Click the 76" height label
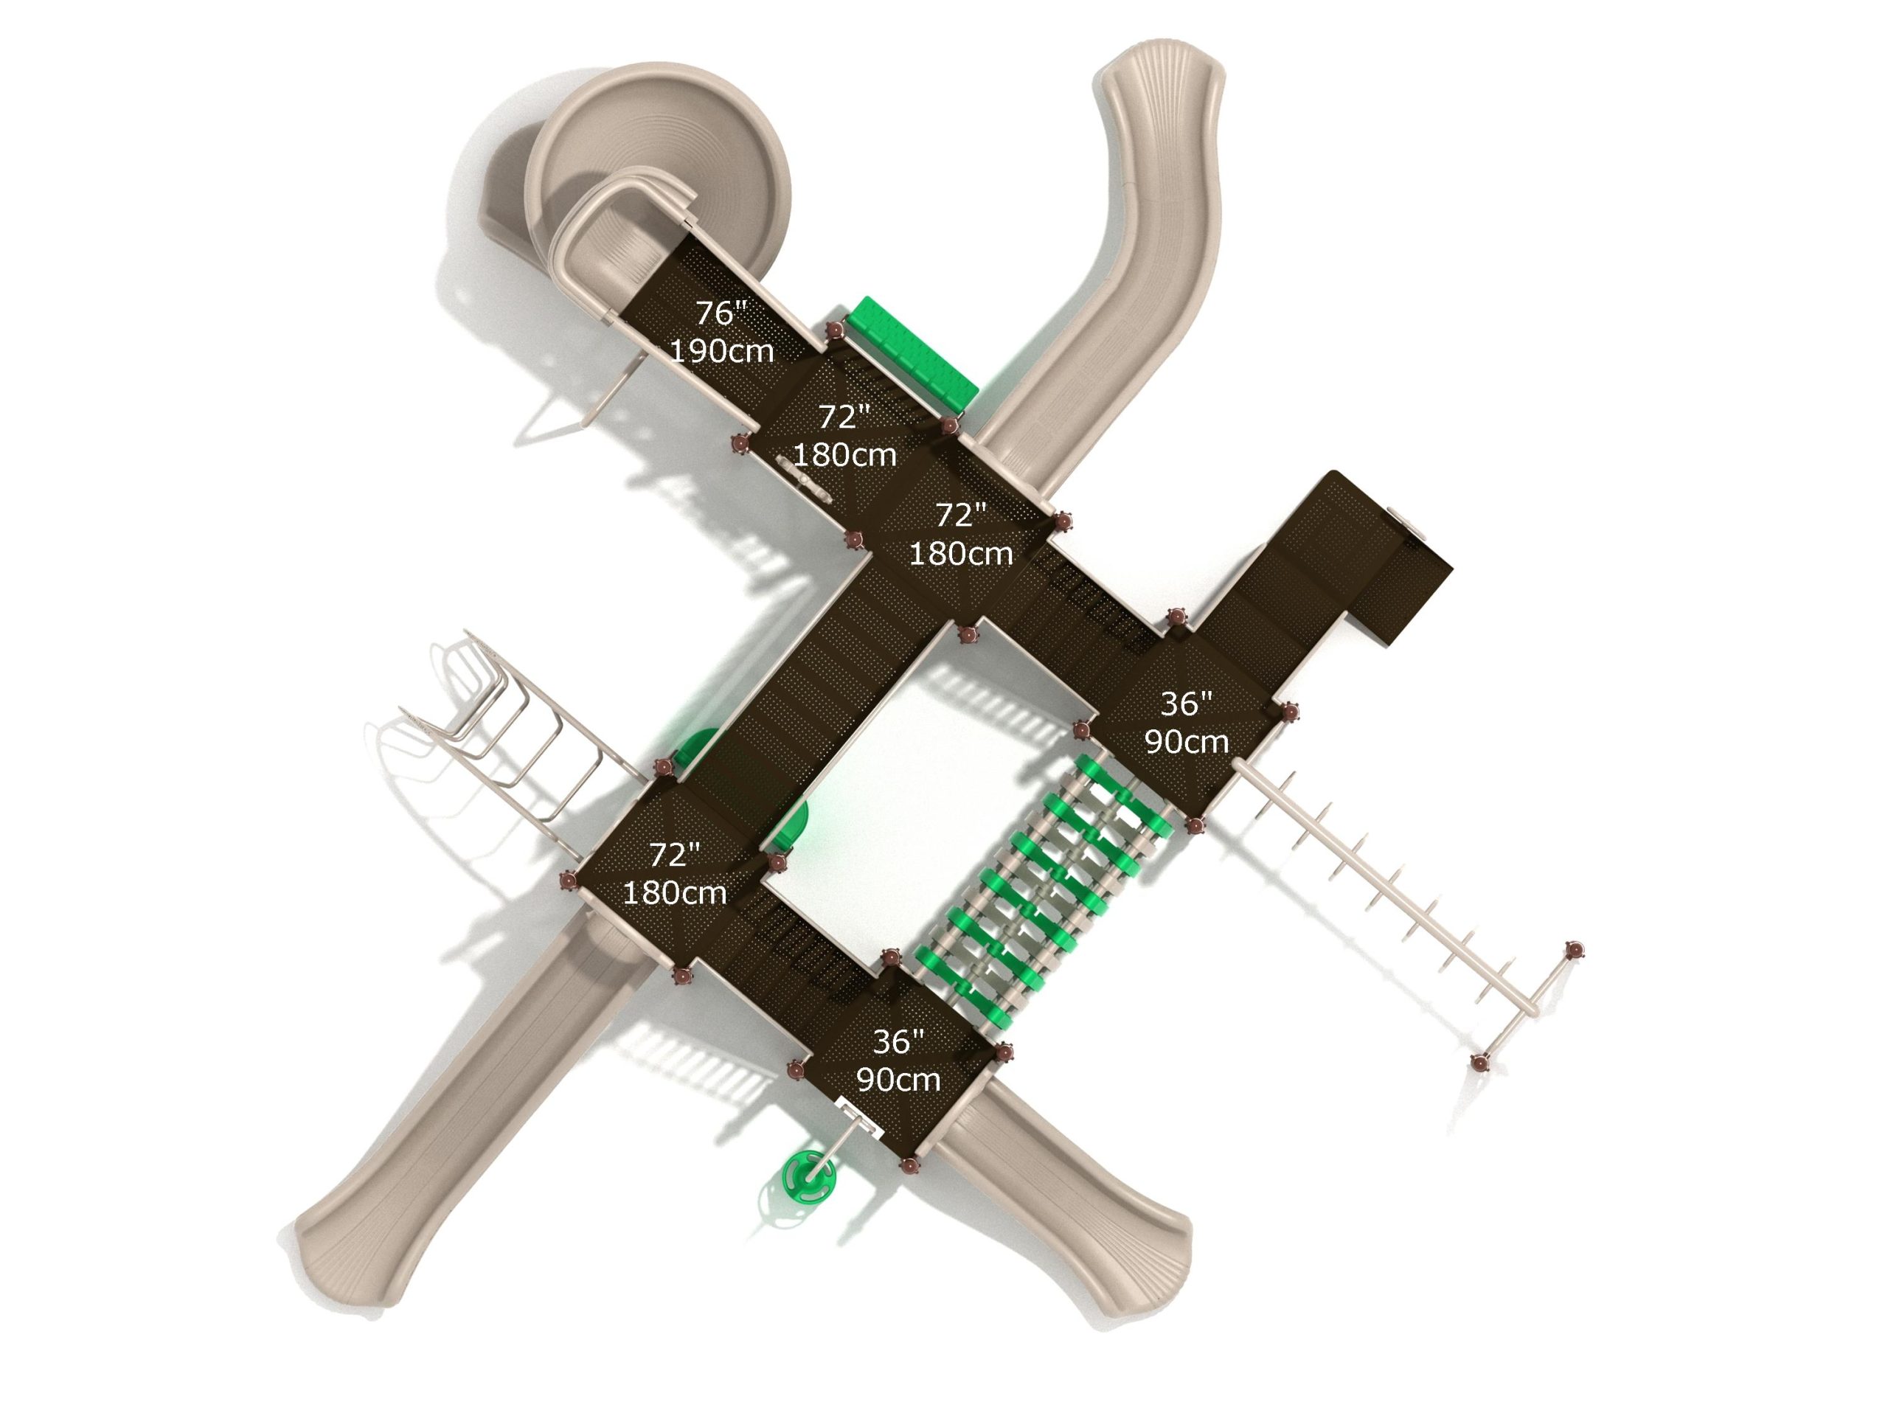coord(721,313)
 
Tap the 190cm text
coord(722,351)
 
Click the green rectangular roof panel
coord(912,353)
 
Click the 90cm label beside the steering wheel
coord(898,1080)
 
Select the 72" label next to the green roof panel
coord(844,417)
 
